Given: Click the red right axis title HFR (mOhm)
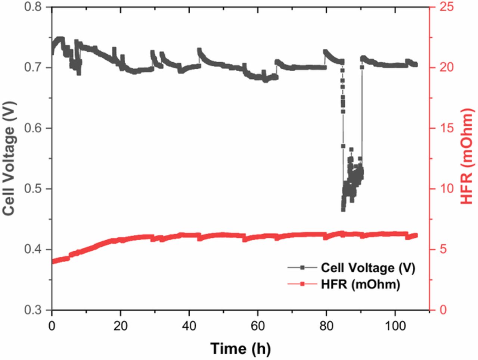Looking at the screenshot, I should coord(467,157).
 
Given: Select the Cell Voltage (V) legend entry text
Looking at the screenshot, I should coord(368,268).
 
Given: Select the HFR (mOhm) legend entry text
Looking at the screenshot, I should coord(360,285).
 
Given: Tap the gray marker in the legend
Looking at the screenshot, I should coord(303,267).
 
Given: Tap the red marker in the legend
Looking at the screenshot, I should coord(303,284).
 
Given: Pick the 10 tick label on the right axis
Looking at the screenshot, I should coord(444,189).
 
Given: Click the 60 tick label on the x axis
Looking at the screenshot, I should coord(258,326).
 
